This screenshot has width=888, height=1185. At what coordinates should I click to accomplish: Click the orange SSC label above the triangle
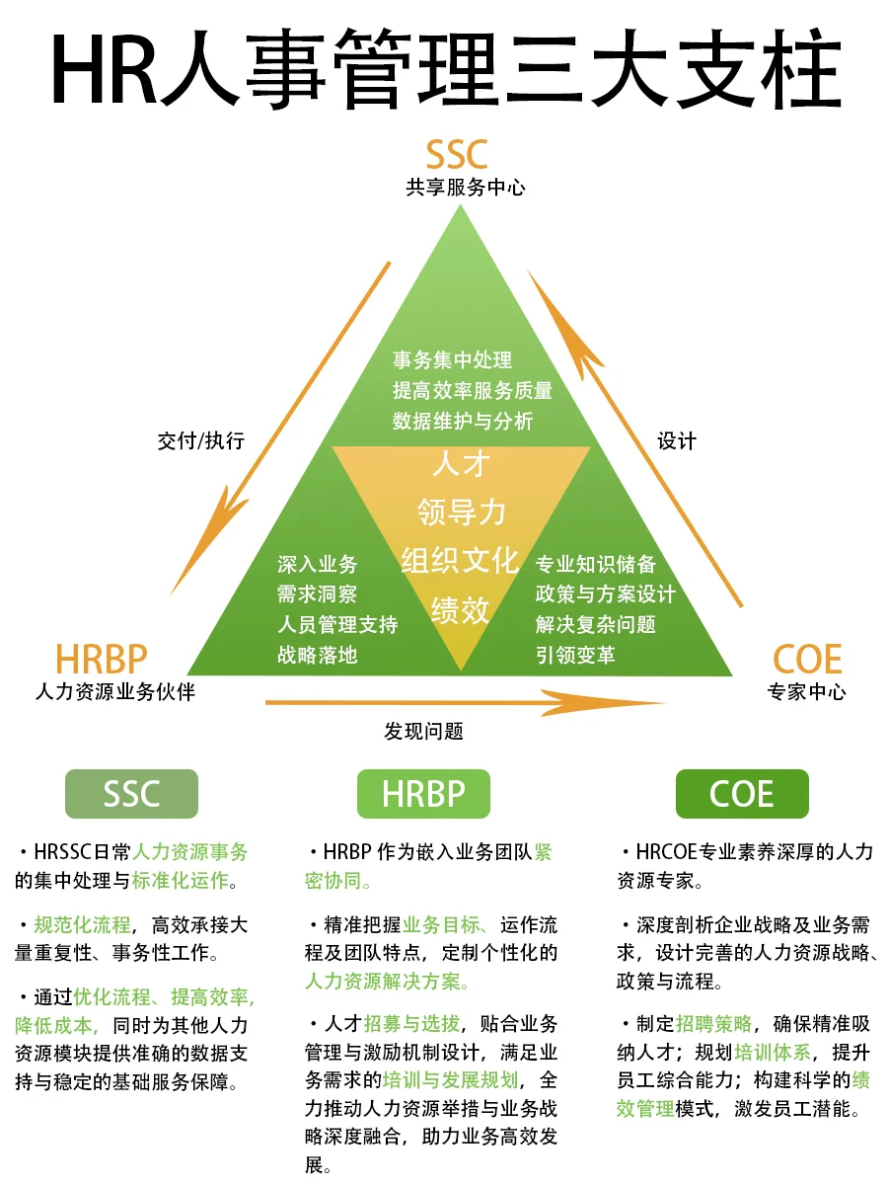pyautogui.click(x=457, y=155)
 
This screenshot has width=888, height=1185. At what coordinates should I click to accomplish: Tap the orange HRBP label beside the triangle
pyautogui.click(x=102, y=659)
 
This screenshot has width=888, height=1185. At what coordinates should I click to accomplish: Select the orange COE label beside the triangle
pyautogui.click(x=806, y=659)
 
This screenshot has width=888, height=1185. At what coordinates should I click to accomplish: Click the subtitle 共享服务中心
pyautogui.click(x=465, y=188)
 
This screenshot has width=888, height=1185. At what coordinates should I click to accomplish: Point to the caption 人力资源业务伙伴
pyautogui.click(x=114, y=691)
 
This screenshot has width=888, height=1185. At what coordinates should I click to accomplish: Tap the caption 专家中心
pyautogui.click(x=806, y=691)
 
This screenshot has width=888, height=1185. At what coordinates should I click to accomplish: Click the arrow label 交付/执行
pyautogui.click(x=200, y=440)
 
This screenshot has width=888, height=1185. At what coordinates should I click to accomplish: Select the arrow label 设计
pyautogui.click(x=677, y=440)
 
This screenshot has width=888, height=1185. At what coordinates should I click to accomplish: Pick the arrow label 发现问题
pyautogui.click(x=423, y=731)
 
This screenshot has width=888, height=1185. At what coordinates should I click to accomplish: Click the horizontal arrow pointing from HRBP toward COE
pyautogui.click(x=464, y=703)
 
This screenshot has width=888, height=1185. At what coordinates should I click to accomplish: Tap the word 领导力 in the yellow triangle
pyautogui.click(x=461, y=512)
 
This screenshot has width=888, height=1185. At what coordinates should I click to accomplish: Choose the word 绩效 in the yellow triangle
pyautogui.click(x=461, y=609)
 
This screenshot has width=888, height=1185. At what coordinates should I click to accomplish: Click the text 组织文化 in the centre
pyautogui.click(x=460, y=560)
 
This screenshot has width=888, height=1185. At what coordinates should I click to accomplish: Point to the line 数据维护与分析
pyautogui.click(x=463, y=421)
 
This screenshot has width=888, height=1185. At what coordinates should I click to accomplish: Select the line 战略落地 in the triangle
pyautogui.click(x=317, y=654)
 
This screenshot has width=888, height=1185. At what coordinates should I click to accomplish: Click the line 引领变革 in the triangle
pyautogui.click(x=575, y=654)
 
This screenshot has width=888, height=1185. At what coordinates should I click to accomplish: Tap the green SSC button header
pyautogui.click(x=131, y=794)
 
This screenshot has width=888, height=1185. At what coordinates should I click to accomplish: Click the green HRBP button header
pyautogui.click(x=422, y=794)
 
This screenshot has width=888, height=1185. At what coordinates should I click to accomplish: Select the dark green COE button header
pyautogui.click(x=742, y=794)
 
